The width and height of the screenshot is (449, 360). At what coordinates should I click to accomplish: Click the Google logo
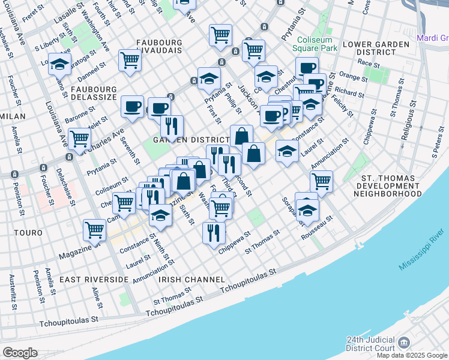[20, 353]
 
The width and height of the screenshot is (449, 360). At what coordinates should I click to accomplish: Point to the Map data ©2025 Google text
[412, 355]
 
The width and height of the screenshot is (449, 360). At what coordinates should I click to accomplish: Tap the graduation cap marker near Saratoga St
[60, 64]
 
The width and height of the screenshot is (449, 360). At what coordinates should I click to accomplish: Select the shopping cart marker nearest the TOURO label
[95, 229]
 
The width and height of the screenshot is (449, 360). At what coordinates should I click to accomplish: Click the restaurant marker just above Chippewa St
[214, 233]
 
